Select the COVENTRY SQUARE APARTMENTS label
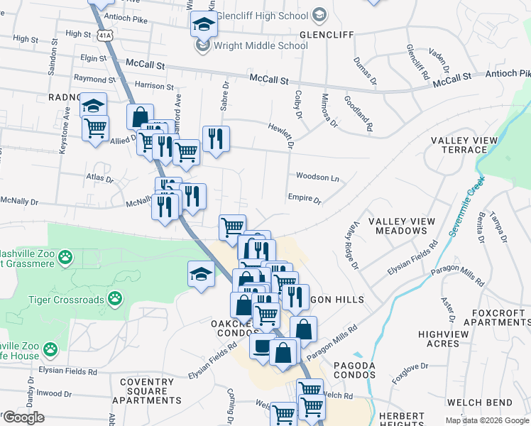pyautogui.click(x=150, y=391)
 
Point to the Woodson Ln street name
pyautogui.click(x=317, y=177)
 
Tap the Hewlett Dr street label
pyautogui.click(x=281, y=134)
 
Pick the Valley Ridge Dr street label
pyautogui.click(x=352, y=244)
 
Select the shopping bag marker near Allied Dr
pyautogui.click(x=141, y=116)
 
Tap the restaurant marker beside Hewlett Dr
pyautogui.click(x=216, y=138)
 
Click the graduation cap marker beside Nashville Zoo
pyautogui.click(x=201, y=274)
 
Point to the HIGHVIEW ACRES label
pyautogui.click(x=444, y=339)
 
